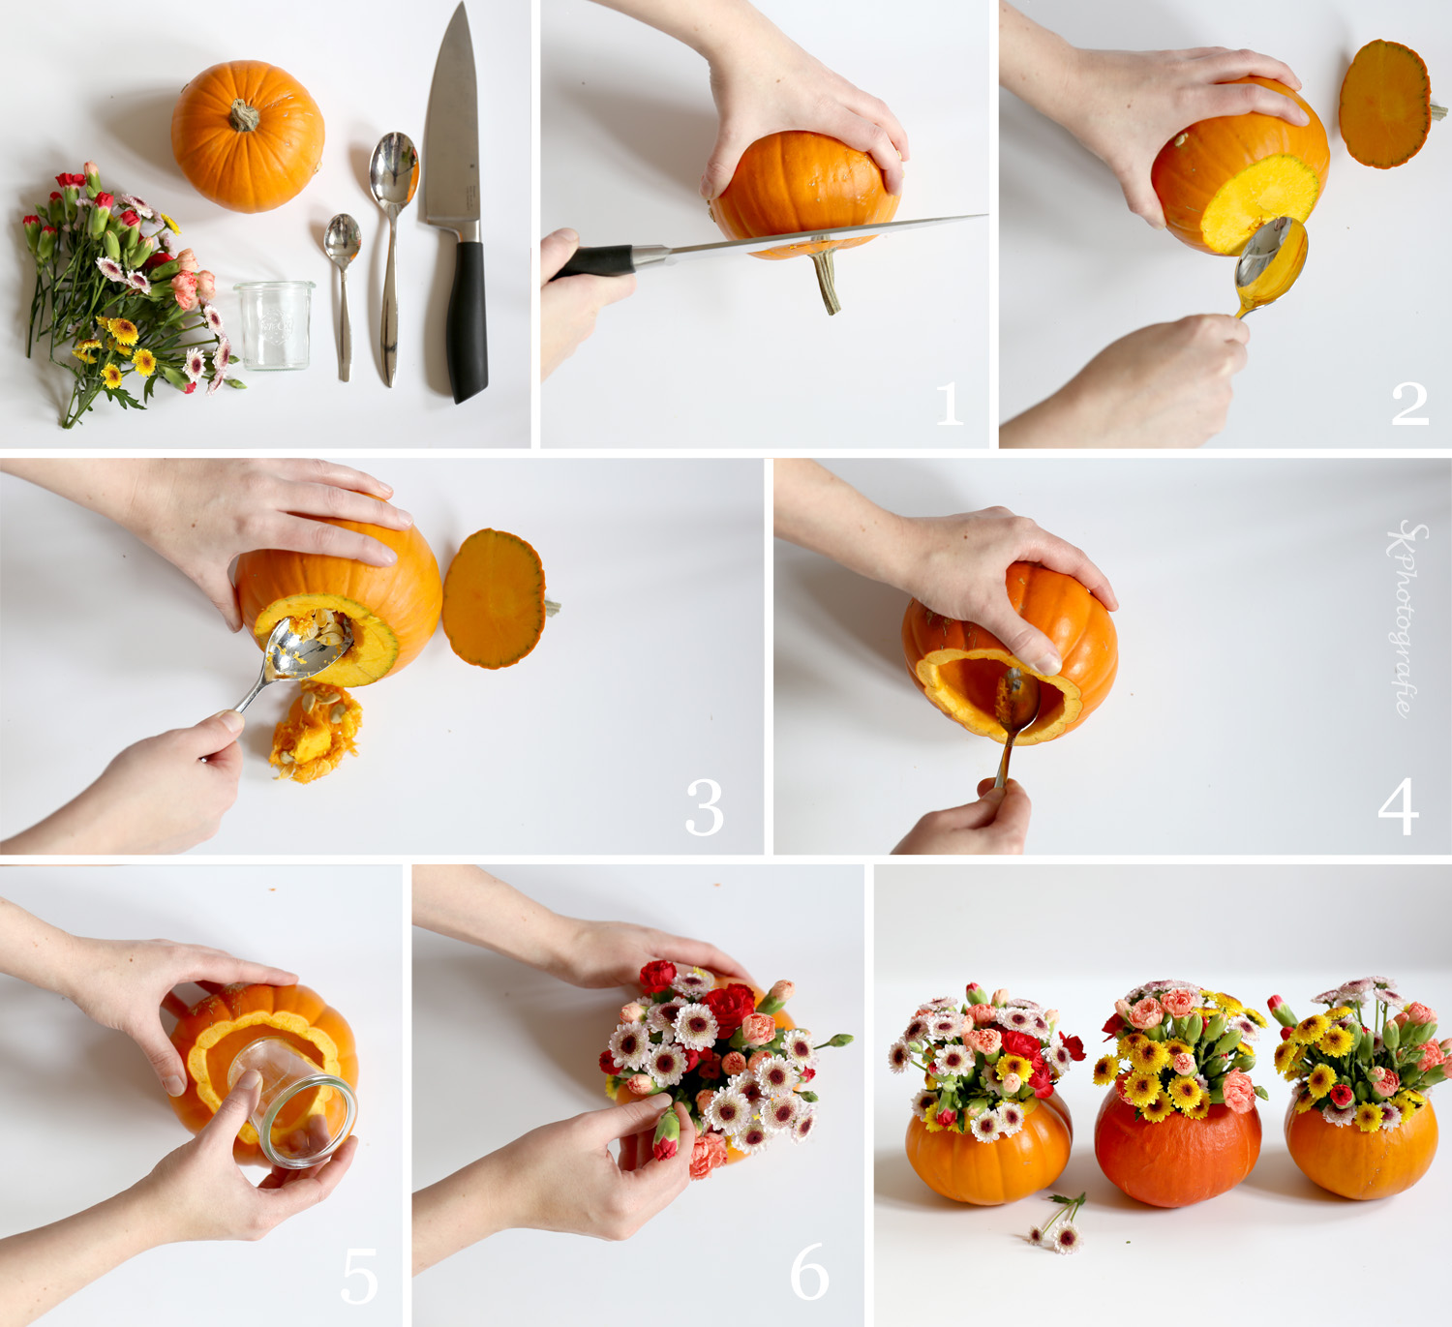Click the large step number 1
pos(950,405)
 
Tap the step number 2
pos(1409,405)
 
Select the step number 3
pos(704,808)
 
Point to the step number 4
pos(1398,806)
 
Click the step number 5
pos(359,1275)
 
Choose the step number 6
pos(809,1272)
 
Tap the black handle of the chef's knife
pos(467,319)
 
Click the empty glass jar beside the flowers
pos(274,324)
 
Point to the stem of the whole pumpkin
pos(244,117)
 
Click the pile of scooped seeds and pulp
pos(315,733)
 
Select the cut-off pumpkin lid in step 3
pos(494,598)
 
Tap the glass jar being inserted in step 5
pos(295,1103)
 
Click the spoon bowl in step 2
pos(1271,256)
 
